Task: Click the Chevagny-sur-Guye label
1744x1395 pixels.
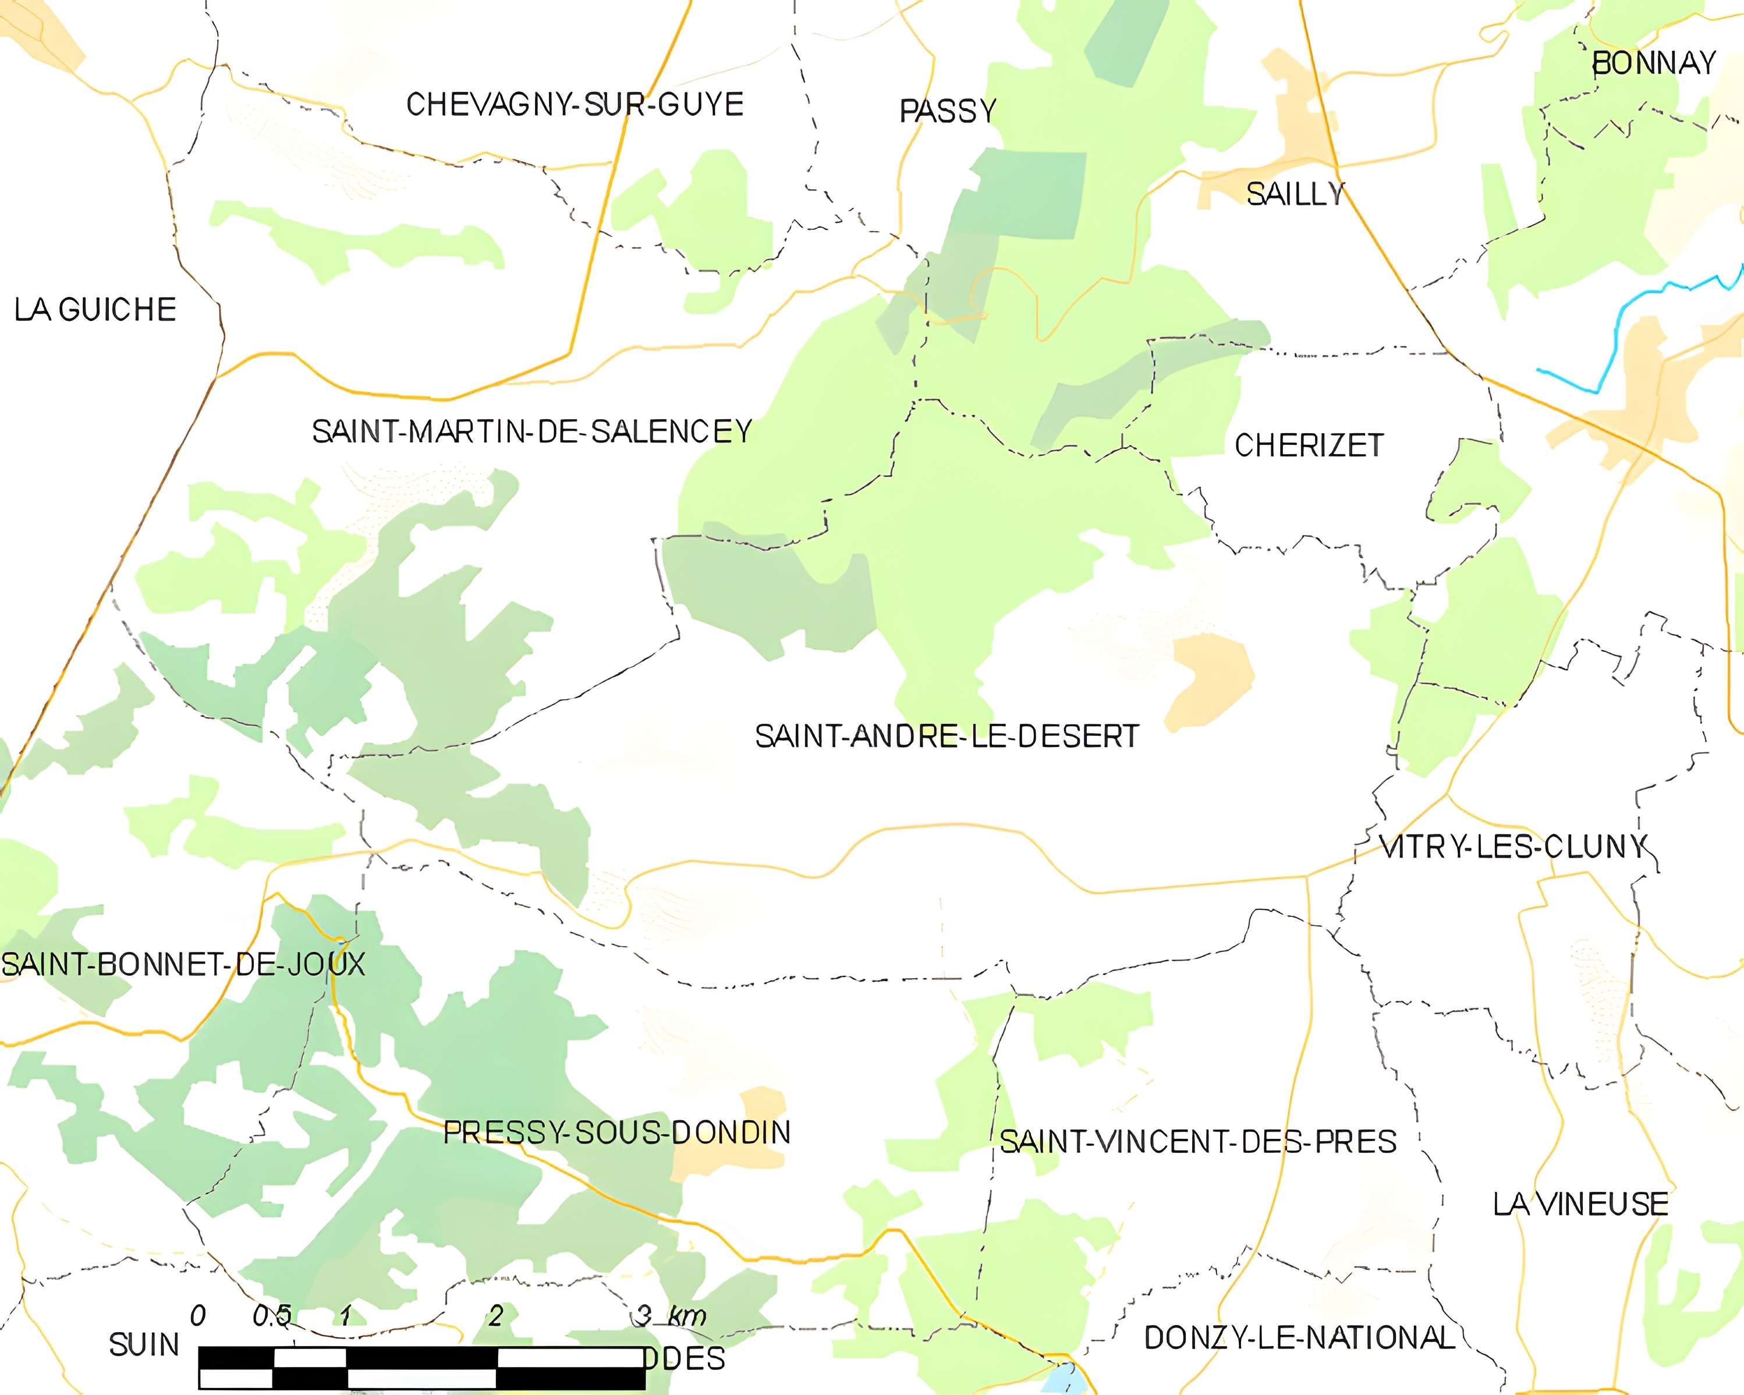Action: (575, 104)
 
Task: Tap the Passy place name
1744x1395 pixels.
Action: (948, 111)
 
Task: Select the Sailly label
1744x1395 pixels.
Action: (1294, 194)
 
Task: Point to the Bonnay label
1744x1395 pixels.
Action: (1653, 63)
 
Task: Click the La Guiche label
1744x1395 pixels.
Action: (95, 310)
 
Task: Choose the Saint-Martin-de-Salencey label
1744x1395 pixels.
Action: (532, 432)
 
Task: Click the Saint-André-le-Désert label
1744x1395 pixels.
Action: (947, 737)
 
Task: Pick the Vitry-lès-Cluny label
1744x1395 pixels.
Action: (1513, 847)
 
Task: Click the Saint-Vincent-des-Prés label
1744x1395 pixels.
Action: (1198, 1142)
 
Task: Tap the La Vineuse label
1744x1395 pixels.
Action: (1580, 1205)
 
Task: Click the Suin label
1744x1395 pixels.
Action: (144, 1345)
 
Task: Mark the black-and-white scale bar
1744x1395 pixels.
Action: (421, 1368)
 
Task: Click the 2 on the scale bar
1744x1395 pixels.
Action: (495, 1316)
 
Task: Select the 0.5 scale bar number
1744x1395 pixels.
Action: (272, 1316)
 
